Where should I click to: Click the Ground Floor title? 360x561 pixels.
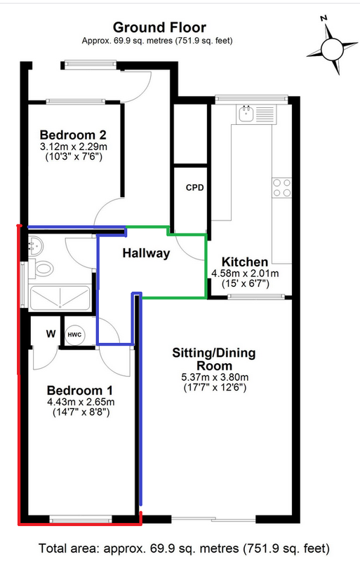[x=159, y=27]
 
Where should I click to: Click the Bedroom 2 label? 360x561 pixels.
[x=73, y=135]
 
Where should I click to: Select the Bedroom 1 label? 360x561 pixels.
[x=80, y=390]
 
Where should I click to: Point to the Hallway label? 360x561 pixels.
[x=146, y=253]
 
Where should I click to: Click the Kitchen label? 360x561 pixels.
[x=245, y=262]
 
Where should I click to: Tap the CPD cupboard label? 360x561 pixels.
[x=195, y=187]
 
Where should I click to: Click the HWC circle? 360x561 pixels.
[x=74, y=335]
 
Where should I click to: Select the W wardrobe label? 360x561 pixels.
[x=51, y=334]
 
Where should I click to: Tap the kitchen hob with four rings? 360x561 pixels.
[x=281, y=188]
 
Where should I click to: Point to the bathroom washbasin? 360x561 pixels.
[x=35, y=245]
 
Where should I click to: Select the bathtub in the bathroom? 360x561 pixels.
[x=60, y=297]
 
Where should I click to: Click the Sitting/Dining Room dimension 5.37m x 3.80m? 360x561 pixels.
[x=215, y=377]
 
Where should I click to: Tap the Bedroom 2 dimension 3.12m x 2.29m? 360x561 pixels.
[x=74, y=147]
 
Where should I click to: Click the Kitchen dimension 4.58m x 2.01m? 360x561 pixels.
[x=245, y=273]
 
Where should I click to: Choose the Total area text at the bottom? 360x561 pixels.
[x=184, y=548]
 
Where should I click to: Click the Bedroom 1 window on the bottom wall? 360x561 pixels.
[x=80, y=518]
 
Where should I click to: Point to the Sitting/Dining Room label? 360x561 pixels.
[x=214, y=359]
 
